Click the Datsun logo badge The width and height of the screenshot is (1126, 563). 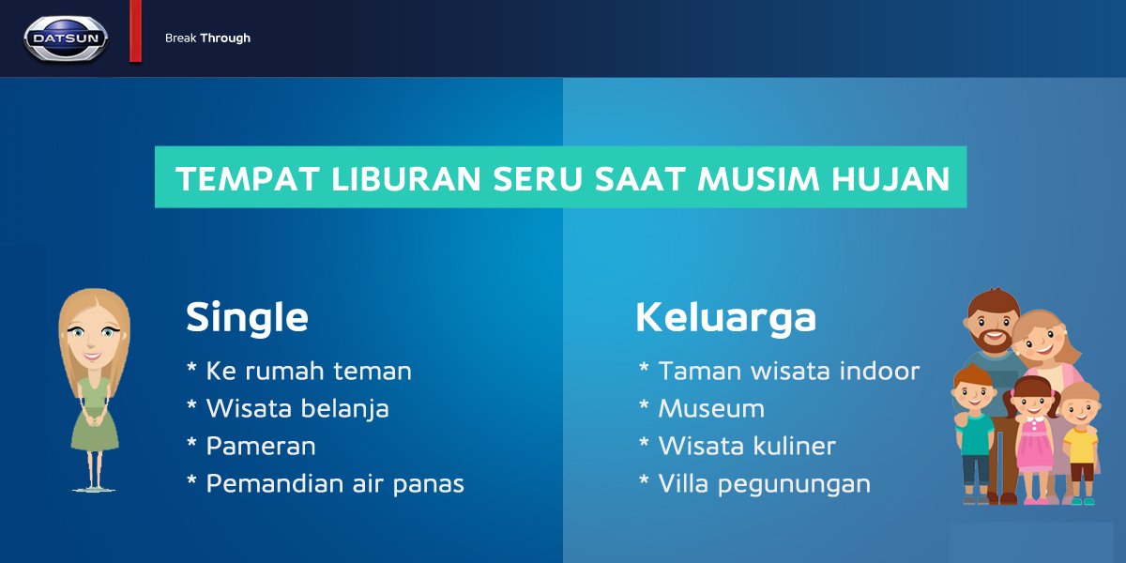point(66,38)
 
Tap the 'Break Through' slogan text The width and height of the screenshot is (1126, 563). point(207,38)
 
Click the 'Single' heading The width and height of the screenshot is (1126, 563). point(247,317)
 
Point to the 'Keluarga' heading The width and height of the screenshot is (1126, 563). point(725,317)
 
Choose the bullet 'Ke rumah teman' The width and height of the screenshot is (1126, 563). point(309,371)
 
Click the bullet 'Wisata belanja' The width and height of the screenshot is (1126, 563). point(297,408)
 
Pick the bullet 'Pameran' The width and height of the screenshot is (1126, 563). point(261,447)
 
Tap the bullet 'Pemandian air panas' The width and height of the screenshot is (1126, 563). point(335,484)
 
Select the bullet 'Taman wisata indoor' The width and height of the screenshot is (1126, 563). point(788,371)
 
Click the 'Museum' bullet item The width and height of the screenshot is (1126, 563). point(711,408)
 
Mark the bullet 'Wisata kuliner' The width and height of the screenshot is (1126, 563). point(747,447)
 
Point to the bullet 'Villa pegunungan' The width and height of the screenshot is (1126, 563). point(764,484)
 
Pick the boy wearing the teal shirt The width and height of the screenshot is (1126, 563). point(974,432)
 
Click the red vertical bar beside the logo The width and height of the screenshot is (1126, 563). point(135,32)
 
